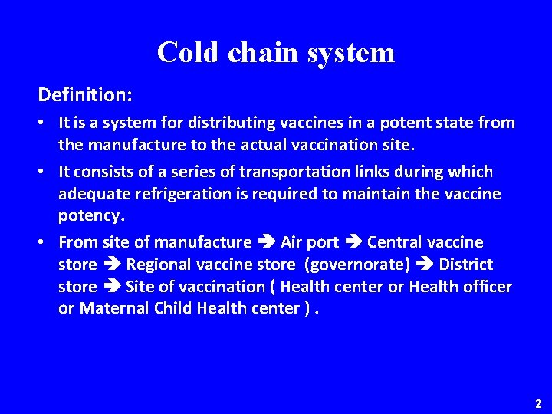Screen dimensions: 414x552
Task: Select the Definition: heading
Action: (85, 95)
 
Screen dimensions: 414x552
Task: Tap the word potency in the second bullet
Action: (90, 216)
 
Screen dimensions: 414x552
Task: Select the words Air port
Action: (310, 242)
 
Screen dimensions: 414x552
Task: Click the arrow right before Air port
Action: (266, 243)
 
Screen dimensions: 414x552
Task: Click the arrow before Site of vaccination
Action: (111, 287)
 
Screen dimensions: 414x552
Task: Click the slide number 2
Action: (538, 402)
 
